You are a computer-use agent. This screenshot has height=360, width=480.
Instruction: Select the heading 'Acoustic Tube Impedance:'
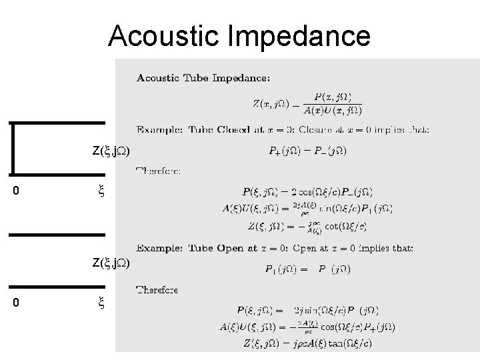tap(203, 78)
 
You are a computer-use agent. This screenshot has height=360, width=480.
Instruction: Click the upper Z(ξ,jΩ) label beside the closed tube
tap(111, 151)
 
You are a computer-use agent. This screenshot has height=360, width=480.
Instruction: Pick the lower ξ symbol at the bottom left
tap(101, 304)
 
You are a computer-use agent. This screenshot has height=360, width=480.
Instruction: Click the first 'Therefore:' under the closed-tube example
tap(158, 171)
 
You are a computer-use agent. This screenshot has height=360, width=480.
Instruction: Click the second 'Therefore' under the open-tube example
tap(157, 290)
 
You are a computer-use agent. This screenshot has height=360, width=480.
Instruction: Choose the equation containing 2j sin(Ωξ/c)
tap(308, 310)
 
